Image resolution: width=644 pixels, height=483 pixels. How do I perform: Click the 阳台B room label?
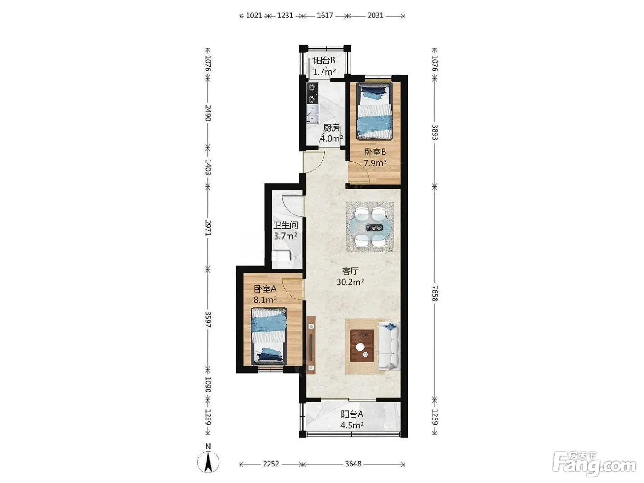coord(324,61)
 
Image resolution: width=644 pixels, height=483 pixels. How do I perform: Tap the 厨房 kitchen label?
coord(331,128)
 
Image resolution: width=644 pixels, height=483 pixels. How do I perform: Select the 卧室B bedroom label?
coord(375,152)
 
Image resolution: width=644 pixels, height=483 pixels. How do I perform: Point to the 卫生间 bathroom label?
coord(286,225)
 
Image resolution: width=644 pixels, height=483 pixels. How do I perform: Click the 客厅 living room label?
coord(351,271)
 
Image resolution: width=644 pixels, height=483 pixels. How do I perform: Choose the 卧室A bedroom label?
coord(265,289)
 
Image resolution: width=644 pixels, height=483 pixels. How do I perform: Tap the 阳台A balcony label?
coord(352,414)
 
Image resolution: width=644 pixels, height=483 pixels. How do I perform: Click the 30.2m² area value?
coord(351,282)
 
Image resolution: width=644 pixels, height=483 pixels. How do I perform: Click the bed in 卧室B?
coord(374,111)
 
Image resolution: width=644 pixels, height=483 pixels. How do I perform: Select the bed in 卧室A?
coord(269,336)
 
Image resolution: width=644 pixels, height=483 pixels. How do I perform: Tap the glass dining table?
coord(370,227)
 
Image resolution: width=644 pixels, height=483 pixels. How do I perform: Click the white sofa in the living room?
coord(389,346)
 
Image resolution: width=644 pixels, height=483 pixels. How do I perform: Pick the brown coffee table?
coord(362,346)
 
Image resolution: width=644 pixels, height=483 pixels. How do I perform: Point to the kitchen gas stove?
coord(312,93)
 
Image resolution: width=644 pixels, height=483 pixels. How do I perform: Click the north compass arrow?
coord(208,462)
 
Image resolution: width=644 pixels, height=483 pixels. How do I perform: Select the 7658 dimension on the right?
coord(435,293)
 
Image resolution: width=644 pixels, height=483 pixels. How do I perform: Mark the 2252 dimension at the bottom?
coord(270,464)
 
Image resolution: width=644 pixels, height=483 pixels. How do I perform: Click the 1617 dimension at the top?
coord(324,15)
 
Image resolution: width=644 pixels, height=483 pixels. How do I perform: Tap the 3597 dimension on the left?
coord(208,320)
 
